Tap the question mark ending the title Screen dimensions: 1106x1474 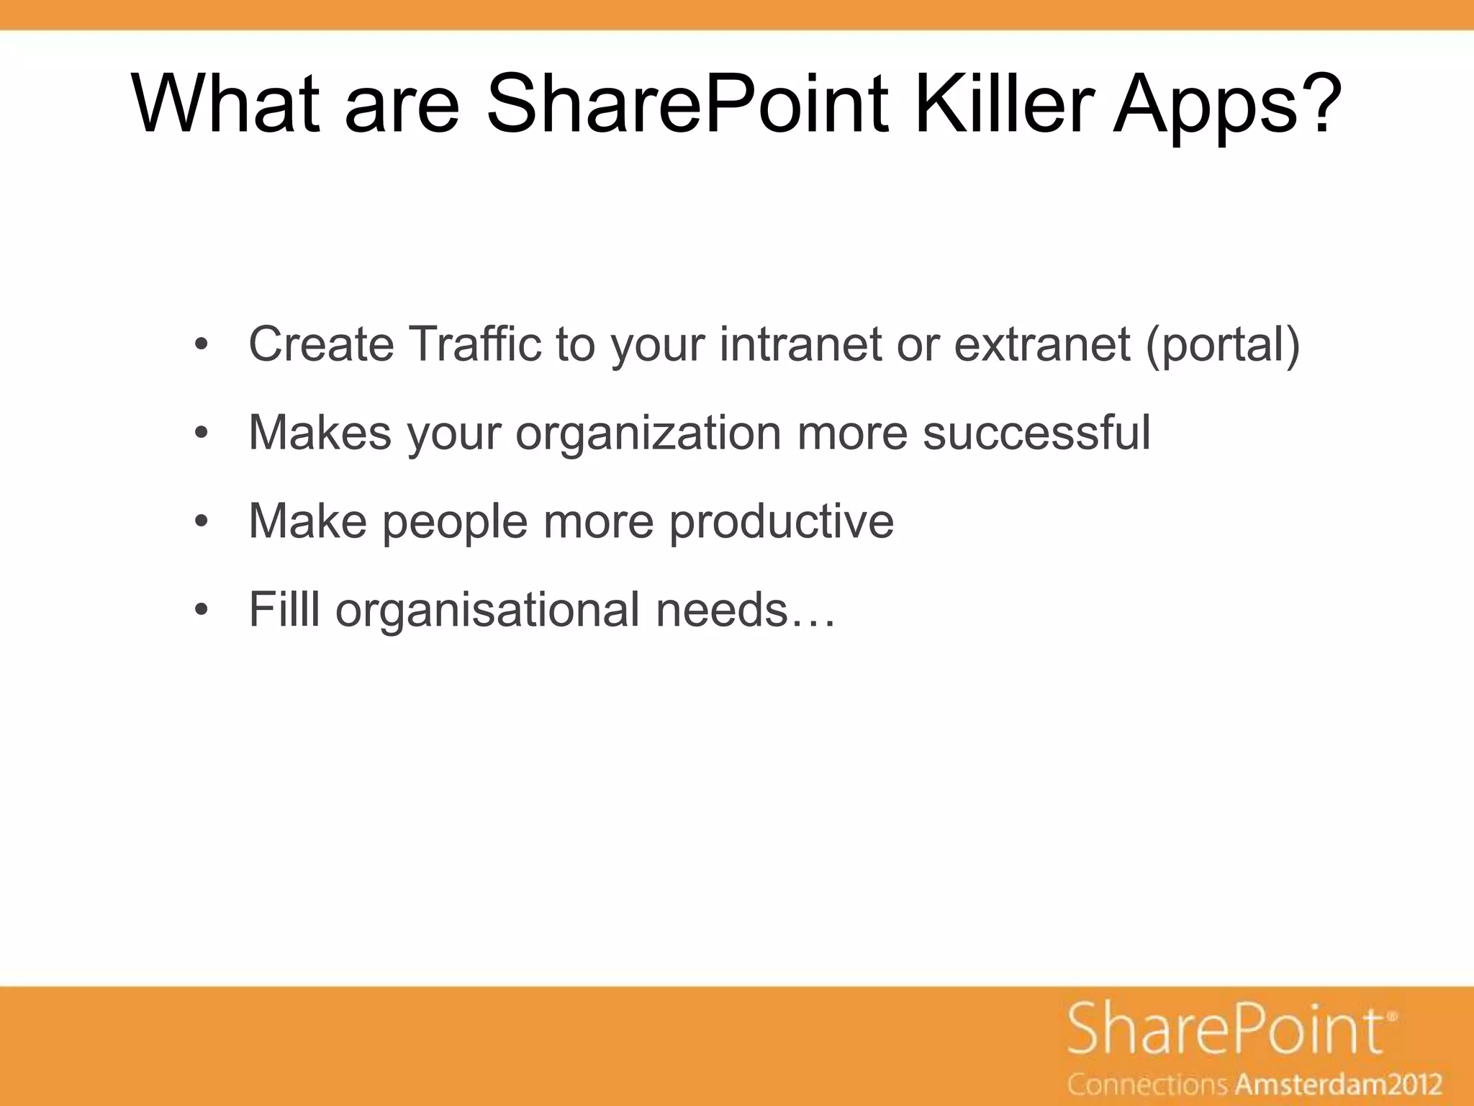point(1321,104)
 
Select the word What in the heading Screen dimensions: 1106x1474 point(225,104)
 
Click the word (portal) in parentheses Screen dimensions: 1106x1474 point(1222,346)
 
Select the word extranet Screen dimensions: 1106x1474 point(1041,344)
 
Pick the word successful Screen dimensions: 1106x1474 point(1036,433)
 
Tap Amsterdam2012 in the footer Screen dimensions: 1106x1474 point(1339,1084)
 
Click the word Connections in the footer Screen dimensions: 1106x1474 point(1148,1084)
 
